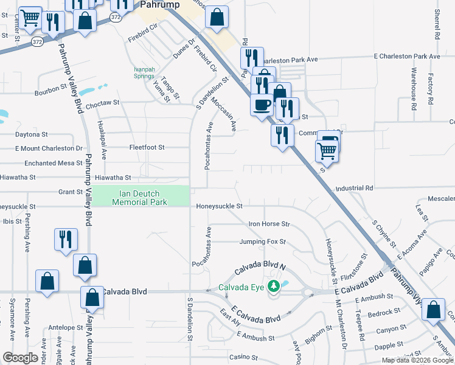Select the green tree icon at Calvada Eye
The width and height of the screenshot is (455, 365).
point(274,286)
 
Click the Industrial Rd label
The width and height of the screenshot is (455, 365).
point(353,189)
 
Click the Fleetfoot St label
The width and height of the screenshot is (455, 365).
point(147,147)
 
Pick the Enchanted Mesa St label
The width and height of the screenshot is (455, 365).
point(53,163)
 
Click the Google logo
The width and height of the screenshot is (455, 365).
point(21,358)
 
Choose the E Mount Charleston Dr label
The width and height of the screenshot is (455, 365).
point(49,148)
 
